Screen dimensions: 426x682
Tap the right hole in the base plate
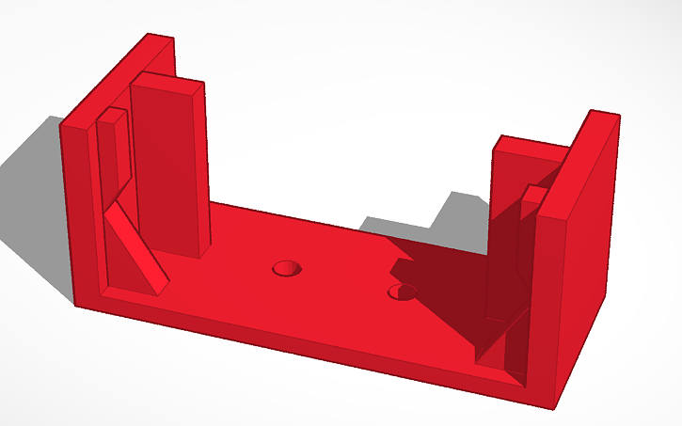coord(404,292)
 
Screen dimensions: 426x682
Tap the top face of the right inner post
coord(530,147)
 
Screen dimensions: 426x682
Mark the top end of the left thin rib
coord(114,115)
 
